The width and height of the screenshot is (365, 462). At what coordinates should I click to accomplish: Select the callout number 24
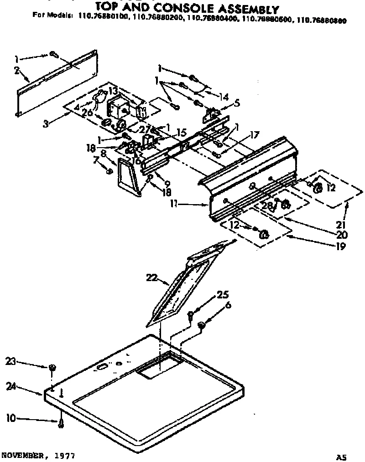point(11,386)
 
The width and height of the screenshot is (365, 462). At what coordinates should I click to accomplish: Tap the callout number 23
point(11,361)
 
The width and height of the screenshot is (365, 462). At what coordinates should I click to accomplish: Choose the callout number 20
point(342,236)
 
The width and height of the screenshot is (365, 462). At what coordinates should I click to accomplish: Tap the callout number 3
point(45,123)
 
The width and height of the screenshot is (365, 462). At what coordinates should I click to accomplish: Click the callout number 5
point(237,103)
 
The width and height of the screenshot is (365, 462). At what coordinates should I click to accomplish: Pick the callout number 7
point(95,159)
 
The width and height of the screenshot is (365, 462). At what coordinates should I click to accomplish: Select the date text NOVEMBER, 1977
point(37,455)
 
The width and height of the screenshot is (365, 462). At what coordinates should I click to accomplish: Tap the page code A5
point(342,456)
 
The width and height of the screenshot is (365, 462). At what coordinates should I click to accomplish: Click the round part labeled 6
point(201,325)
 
